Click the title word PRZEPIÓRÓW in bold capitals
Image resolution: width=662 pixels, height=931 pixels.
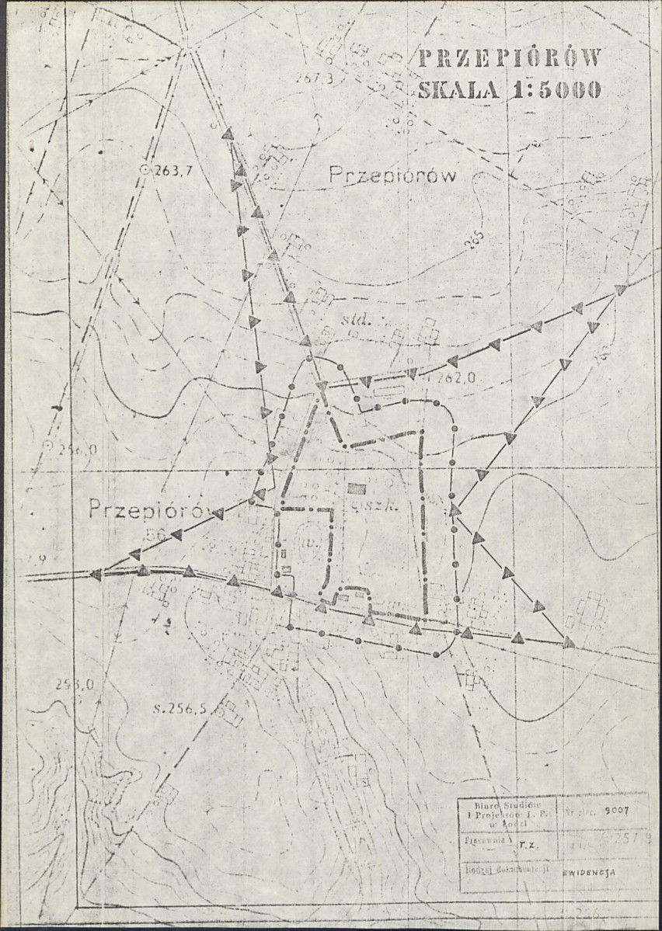tap(510, 60)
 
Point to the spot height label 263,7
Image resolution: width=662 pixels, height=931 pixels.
tap(173, 171)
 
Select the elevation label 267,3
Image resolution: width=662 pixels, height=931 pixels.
tap(314, 78)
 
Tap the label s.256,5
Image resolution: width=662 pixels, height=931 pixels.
tap(179, 708)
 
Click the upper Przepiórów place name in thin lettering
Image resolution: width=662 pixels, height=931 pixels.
tap(392, 176)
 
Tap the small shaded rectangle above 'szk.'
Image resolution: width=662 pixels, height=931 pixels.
tap(357, 488)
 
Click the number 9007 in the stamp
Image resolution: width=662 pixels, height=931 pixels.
tap(613, 811)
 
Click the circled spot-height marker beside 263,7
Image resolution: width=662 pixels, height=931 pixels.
tap(144, 169)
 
